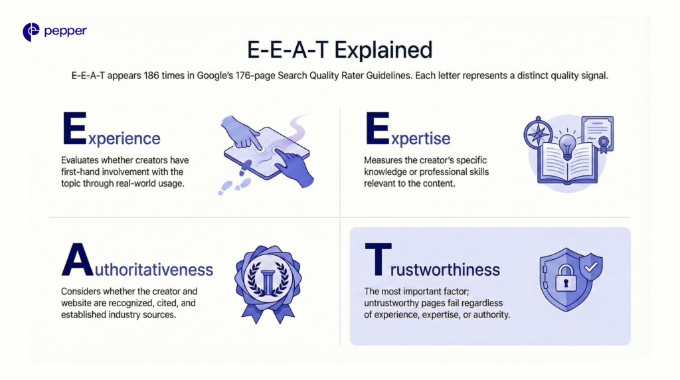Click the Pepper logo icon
[31, 32]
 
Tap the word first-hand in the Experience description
[81, 172]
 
